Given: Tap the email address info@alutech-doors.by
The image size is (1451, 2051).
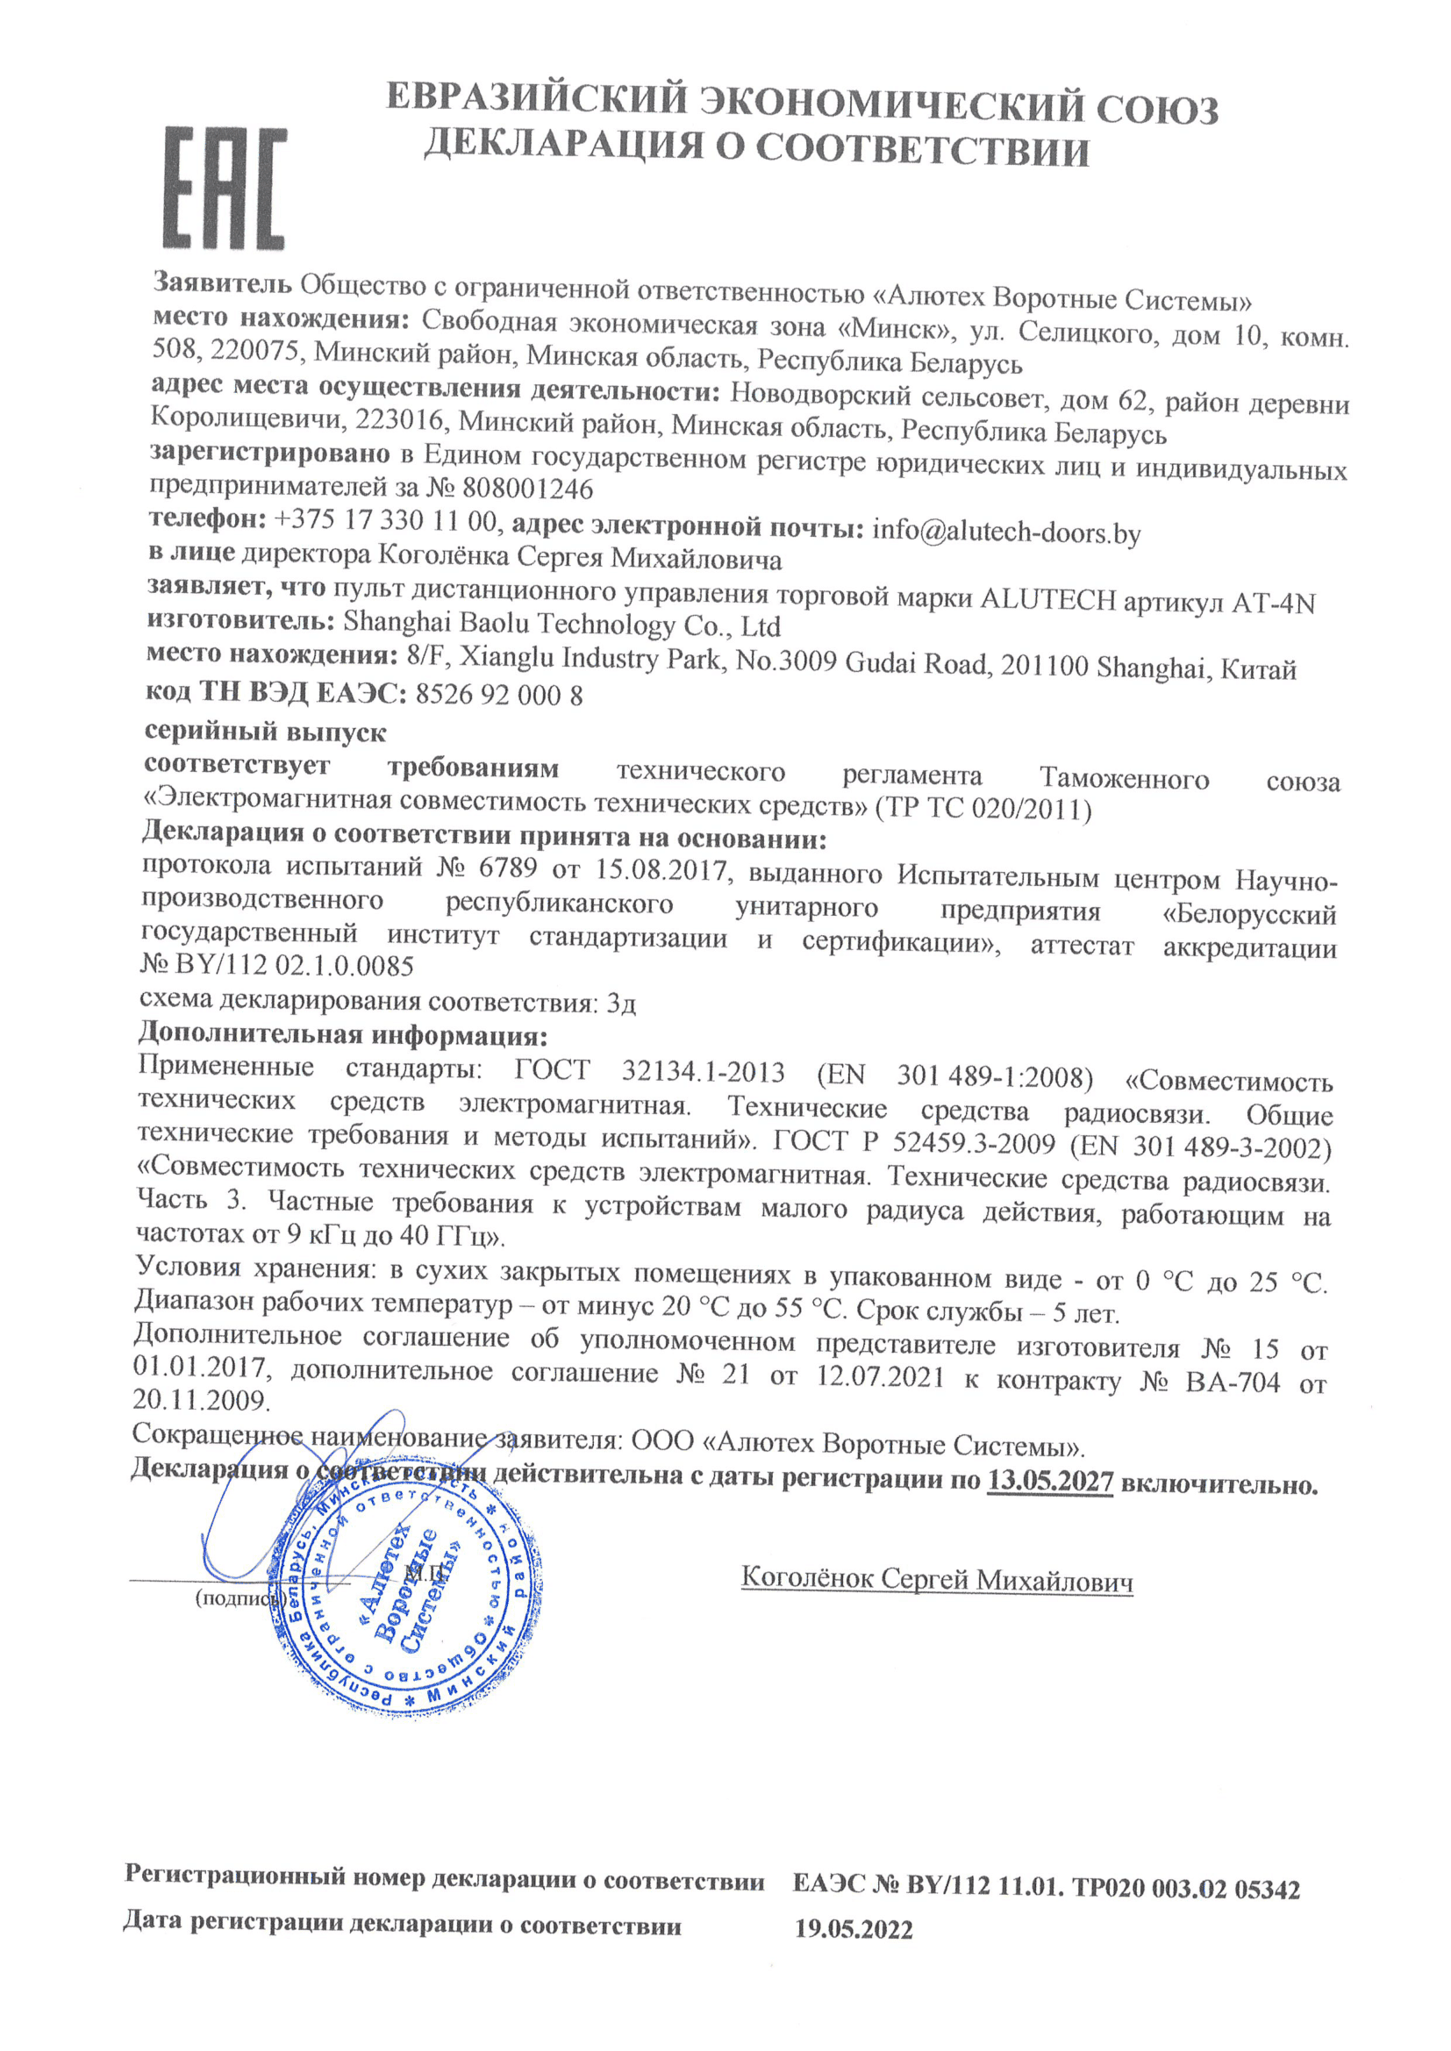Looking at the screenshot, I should point(1006,532).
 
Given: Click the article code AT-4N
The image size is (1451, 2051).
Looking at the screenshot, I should point(1273,604).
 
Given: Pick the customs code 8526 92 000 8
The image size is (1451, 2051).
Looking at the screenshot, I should point(499,695).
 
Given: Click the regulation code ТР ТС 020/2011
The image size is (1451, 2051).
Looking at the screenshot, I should point(983,810).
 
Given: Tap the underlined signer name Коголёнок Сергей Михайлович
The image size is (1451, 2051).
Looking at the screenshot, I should point(937,1578).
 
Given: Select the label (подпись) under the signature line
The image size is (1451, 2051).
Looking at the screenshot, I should point(234,1598).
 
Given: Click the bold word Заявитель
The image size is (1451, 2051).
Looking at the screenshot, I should point(223,283).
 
